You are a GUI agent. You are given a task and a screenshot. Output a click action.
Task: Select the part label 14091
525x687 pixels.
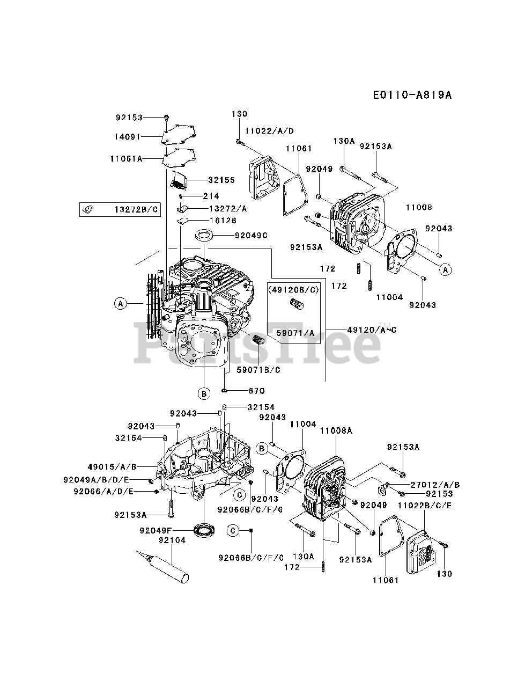point(127,137)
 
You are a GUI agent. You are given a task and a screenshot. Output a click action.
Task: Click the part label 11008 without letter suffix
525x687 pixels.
point(419,207)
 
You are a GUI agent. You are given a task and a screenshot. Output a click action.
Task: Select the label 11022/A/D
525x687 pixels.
point(269,131)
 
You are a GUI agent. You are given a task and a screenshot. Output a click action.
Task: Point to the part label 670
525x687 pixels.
point(256,391)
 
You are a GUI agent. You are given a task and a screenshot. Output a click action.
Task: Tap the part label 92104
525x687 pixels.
point(172,540)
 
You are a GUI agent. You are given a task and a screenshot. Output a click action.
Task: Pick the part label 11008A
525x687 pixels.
point(336,430)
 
